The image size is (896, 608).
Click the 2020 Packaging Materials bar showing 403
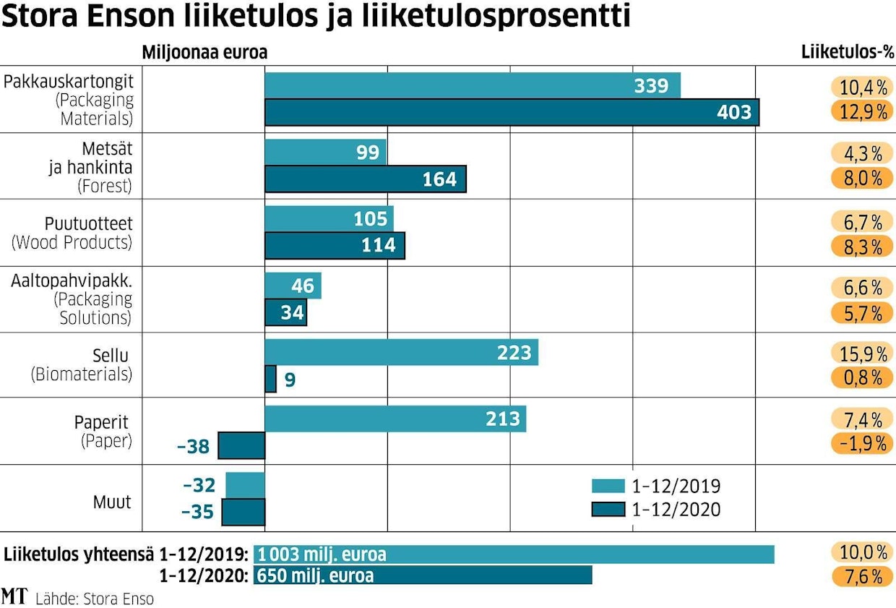coord(512,113)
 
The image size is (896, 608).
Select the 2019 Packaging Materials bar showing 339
coord(473,86)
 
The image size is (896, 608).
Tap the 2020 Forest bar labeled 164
coord(365,179)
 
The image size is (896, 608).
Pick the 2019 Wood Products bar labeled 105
coord(329,218)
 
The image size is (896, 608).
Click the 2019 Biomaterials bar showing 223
coord(401,353)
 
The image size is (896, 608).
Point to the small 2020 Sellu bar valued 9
coord(270,379)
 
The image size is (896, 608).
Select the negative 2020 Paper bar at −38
coord(241,445)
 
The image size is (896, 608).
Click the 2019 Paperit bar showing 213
coord(395,419)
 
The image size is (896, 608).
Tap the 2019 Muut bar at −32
coord(245,484)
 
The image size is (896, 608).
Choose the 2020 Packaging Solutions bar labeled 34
coord(285,313)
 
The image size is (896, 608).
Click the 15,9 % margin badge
coord(858,354)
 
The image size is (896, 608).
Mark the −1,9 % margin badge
coord(858,443)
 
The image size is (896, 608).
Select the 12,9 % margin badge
coord(858,112)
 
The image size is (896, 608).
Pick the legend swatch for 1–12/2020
coord(608,510)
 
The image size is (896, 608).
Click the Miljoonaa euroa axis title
coord(204,53)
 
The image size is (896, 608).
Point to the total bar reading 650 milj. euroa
coord(423,575)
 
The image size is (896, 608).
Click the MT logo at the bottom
coord(14,596)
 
